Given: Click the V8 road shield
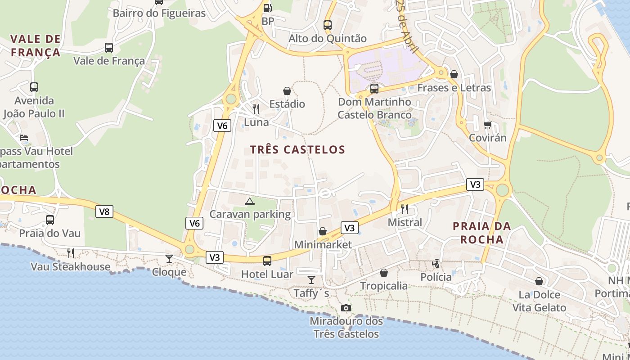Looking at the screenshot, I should tap(104, 211).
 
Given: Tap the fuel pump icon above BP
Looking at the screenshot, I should tap(267, 8).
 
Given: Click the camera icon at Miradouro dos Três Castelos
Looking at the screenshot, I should tap(346, 308).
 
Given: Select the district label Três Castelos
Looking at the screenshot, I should tap(297, 150).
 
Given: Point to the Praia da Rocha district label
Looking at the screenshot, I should tap(482, 233).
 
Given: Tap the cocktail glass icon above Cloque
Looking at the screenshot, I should tap(169, 258).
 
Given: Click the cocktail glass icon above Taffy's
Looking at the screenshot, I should tap(311, 279).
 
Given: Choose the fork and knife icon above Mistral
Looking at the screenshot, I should tap(405, 209).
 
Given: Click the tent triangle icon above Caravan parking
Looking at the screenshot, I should tap(249, 201).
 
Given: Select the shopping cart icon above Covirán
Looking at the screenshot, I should tap(487, 125).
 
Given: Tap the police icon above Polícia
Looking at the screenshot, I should tap(436, 264).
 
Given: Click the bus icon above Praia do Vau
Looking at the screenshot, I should tap(50, 220).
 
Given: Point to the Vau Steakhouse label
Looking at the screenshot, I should tap(70, 267).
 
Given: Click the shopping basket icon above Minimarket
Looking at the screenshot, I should tap(323, 231).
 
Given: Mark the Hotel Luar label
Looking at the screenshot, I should tap(267, 274).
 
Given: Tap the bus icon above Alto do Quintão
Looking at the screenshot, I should tap(328, 25).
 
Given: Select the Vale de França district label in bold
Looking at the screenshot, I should tap(35, 45).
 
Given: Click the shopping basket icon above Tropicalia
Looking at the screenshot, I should tap(384, 273).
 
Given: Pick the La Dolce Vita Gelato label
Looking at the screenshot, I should tap(539, 301).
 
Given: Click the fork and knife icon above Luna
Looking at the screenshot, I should tap(256, 108).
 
